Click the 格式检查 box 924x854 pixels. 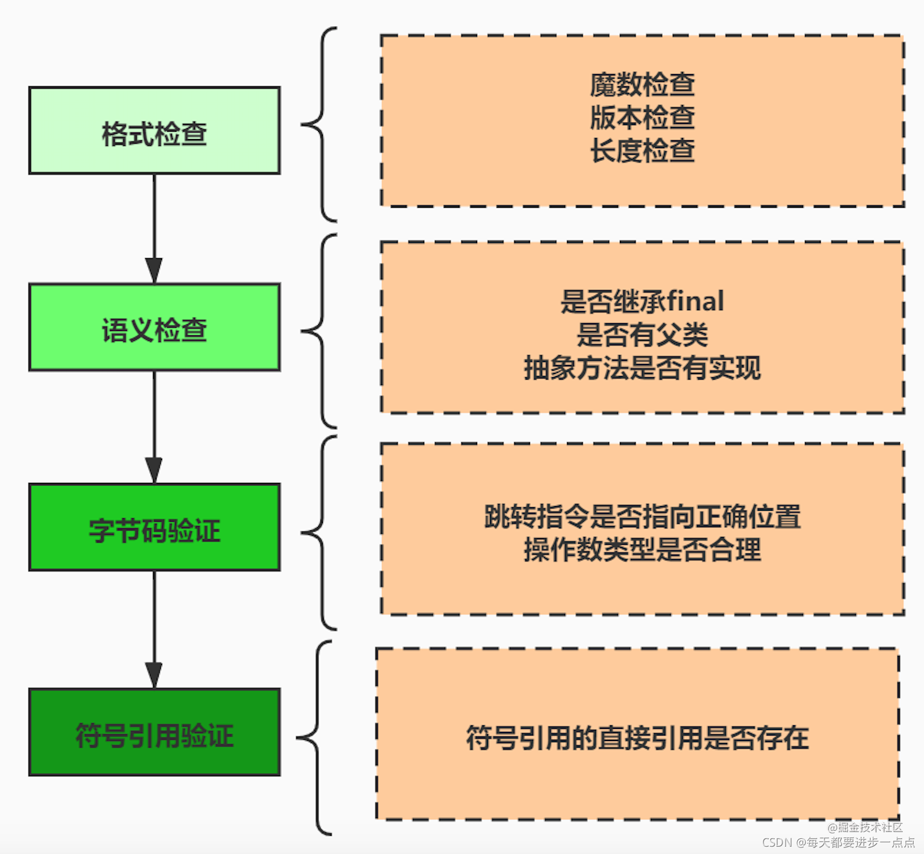point(154,131)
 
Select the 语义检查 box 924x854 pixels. point(154,327)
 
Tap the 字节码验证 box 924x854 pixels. point(154,527)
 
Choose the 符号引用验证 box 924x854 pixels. point(154,732)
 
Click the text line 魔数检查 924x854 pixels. point(642,84)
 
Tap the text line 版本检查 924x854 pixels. point(642,117)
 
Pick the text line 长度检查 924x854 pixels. point(642,151)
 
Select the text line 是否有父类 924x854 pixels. point(642,334)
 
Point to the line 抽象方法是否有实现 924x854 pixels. point(642,367)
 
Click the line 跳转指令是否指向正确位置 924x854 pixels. point(642,516)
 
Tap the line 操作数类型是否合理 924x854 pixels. point(642,550)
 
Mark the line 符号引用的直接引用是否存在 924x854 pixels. point(637,738)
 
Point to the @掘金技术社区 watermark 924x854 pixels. point(865,827)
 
